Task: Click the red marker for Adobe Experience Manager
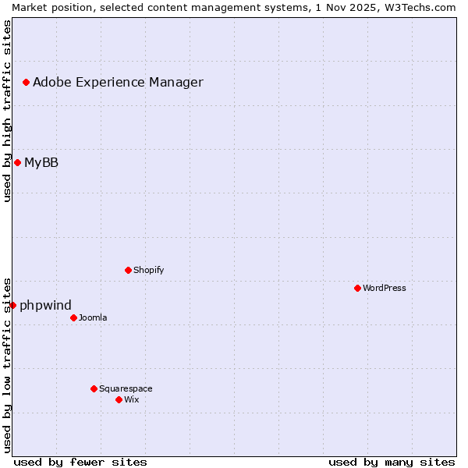(26, 82)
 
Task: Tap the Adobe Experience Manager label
(118, 82)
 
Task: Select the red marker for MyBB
(17, 162)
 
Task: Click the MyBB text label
(41, 162)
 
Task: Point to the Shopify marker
(128, 270)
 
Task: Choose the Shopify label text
(148, 270)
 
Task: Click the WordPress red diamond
(357, 288)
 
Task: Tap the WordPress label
(385, 288)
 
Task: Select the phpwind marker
(12, 305)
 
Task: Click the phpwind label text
(45, 305)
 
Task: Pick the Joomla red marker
(73, 317)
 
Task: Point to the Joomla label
(93, 317)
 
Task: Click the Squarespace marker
(94, 388)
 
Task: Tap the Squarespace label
(126, 388)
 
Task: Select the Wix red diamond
(119, 399)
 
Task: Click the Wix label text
(132, 399)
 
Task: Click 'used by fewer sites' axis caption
(80, 462)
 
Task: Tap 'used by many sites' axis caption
(392, 462)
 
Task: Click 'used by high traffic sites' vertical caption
(7, 111)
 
